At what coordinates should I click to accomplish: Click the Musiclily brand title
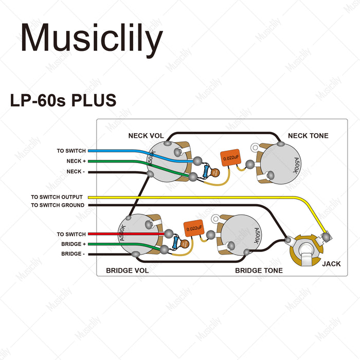[x=92, y=38]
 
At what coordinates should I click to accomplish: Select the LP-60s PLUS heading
[x=63, y=101]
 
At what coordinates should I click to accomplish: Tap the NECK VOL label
[x=146, y=136]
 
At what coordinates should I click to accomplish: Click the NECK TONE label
[x=308, y=136]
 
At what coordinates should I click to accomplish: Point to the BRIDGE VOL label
[x=127, y=271]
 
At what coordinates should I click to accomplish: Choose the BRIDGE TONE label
[x=259, y=271]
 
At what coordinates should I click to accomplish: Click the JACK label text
[x=331, y=264]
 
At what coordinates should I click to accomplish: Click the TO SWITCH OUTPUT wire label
[x=57, y=197]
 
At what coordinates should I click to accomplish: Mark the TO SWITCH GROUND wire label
[x=57, y=205]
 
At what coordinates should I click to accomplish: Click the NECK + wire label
[x=76, y=161]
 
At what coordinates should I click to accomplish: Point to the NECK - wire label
[x=76, y=171]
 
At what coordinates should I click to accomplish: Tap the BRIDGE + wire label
[x=74, y=244]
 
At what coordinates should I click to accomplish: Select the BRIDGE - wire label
[x=74, y=254]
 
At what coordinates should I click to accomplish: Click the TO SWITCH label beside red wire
[x=71, y=235]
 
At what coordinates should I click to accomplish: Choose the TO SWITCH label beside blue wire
[x=71, y=151]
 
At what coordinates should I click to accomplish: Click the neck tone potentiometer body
[x=281, y=165]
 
